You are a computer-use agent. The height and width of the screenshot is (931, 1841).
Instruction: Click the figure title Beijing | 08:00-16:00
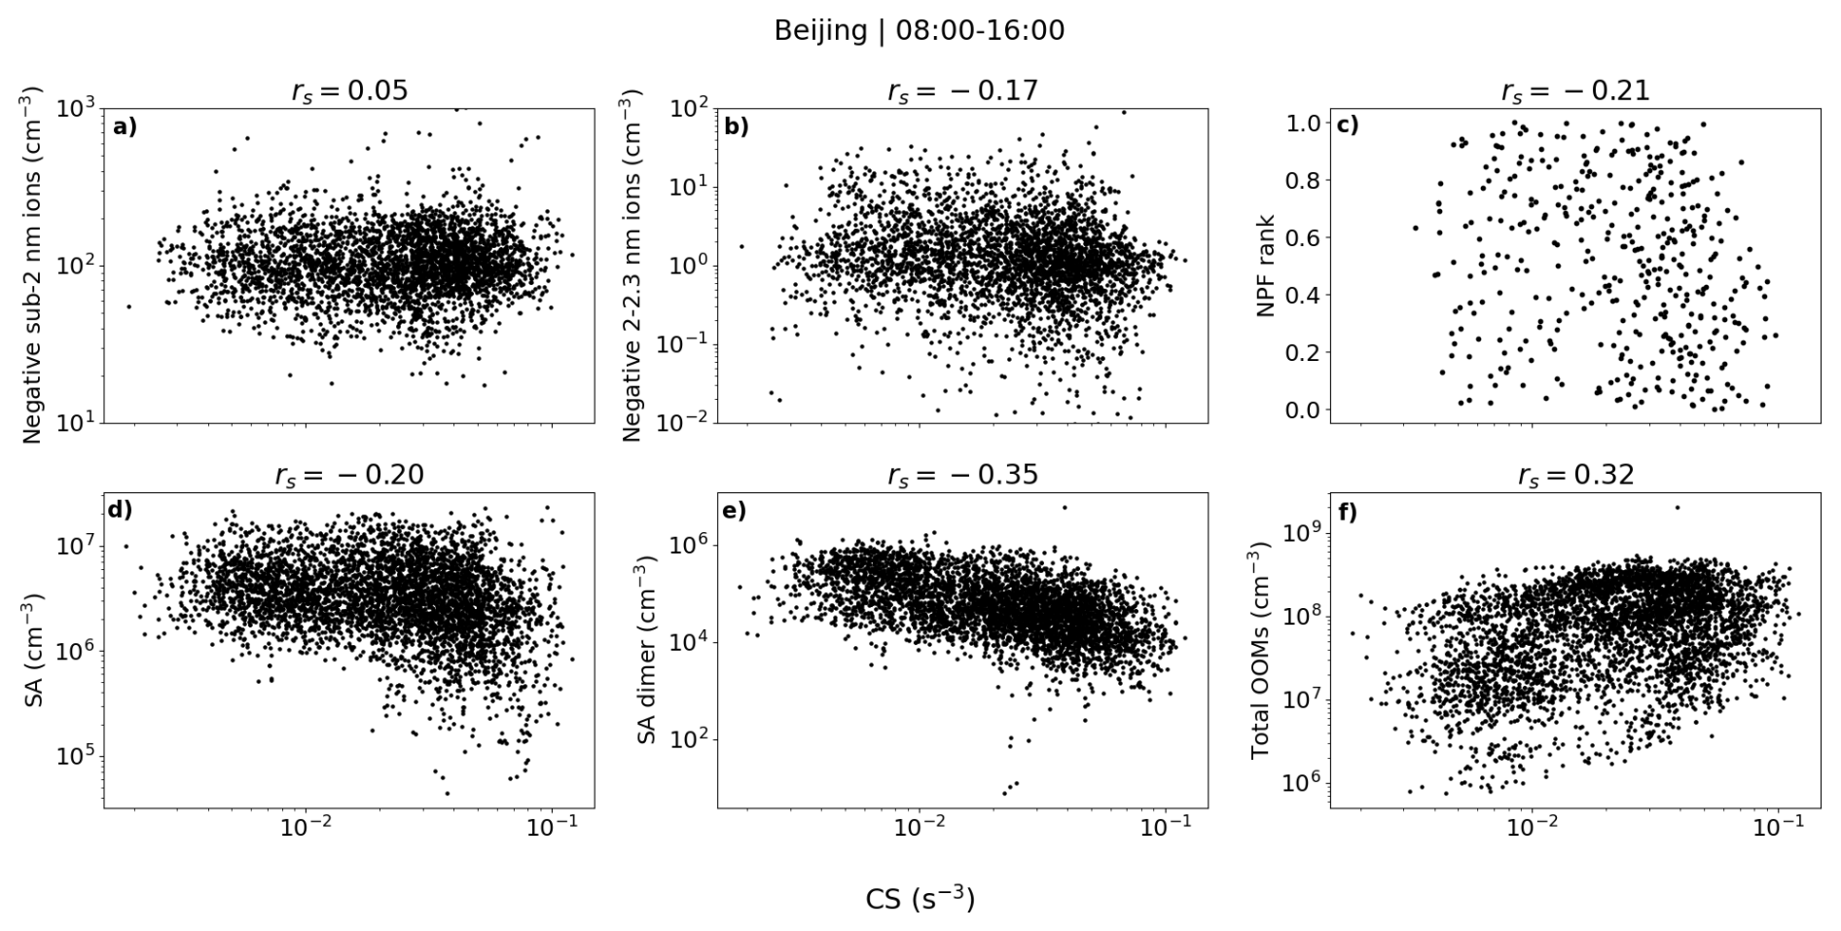(919, 31)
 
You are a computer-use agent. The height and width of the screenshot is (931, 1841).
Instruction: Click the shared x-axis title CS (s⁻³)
(919, 899)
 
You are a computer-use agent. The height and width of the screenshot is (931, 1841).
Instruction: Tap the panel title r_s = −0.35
(962, 475)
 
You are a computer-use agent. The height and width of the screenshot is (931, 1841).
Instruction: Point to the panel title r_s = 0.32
(1575, 475)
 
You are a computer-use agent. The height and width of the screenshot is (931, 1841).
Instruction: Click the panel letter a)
(125, 125)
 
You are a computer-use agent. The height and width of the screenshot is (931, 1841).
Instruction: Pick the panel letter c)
(1350, 125)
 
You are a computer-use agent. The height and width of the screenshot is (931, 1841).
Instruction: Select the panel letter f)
(1349, 512)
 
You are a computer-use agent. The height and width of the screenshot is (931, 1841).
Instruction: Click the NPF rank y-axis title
(1265, 265)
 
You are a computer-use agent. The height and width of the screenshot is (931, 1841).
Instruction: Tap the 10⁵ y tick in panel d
(76, 757)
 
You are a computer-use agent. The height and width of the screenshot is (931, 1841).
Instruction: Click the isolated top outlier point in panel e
(1065, 507)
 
